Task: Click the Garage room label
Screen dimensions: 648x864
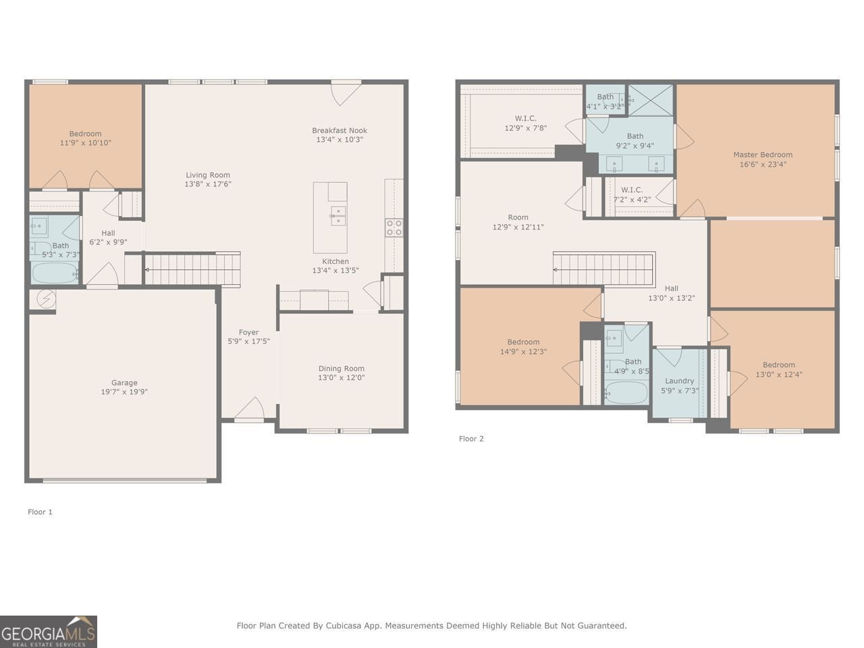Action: [124, 383]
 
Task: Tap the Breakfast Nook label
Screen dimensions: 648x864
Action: [340, 131]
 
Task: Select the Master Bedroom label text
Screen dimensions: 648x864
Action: [763, 155]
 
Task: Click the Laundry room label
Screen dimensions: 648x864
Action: [679, 381]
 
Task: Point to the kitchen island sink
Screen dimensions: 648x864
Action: [337, 217]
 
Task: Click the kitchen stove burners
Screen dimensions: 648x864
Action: [394, 227]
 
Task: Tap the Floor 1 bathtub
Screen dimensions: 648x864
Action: [55, 273]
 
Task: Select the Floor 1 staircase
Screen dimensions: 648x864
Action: [192, 269]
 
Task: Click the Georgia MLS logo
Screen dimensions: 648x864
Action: [49, 632]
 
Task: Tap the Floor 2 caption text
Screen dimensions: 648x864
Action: [471, 439]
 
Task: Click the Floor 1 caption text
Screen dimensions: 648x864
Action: [40, 512]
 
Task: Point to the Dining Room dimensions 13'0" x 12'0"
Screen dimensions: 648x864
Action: [342, 378]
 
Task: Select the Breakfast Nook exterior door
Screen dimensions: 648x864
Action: [346, 92]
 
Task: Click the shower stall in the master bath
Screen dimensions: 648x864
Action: [651, 100]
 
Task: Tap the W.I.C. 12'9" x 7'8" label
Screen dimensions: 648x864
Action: [526, 123]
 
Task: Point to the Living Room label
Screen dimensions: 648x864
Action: [208, 175]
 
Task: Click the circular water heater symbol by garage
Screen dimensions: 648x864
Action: [46, 299]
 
